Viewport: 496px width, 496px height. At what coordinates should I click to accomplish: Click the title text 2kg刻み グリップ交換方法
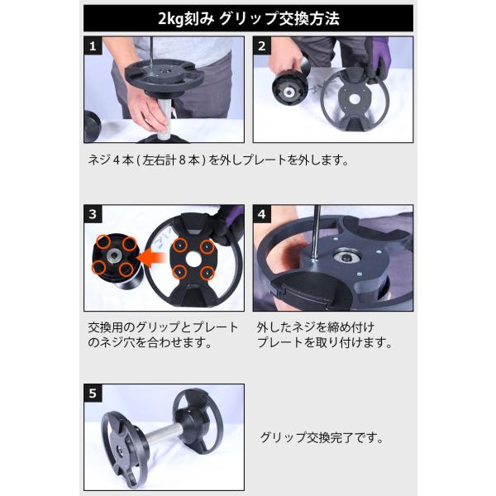pyautogui.click(x=248, y=18)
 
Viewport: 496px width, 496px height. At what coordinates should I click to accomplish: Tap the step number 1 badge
pyautogui.click(x=93, y=45)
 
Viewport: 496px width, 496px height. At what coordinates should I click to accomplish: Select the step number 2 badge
pyautogui.click(x=261, y=45)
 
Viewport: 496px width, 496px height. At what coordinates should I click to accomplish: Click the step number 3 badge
pyautogui.click(x=93, y=214)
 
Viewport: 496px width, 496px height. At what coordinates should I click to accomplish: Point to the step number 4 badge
pyautogui.click(x=261, y=214)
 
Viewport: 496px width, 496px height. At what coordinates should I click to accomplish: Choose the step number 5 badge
pyautogui.click(x=93, y=393)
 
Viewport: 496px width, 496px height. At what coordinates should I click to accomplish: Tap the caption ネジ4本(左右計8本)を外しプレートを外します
pyautogui.click(x=218, y=160)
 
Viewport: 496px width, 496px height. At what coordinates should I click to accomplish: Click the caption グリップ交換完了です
pyautogui.click(x=322, y=438)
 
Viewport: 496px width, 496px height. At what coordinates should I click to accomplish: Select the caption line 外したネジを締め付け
pyautogui.click(x=316, y=327)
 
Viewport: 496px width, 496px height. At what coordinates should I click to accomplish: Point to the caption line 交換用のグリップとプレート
pyautogui.click(x=163, y=327)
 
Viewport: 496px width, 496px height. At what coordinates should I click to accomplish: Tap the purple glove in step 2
pyautogui.click(x=380, y=60)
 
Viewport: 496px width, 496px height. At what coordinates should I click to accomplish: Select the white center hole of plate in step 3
pyautogui.click(x=193, y=259)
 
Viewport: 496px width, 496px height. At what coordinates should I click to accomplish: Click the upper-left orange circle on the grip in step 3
pyautogui.click(x=104, y=241)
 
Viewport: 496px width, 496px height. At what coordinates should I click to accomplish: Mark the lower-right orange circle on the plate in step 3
pyautogui.click(x=207, y=273)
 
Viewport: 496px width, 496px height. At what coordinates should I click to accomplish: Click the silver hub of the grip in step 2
pyautogui.click(x=289, y=93)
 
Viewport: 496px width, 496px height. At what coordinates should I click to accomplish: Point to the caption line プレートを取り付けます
pyautogui.click(x=325, y=342)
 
